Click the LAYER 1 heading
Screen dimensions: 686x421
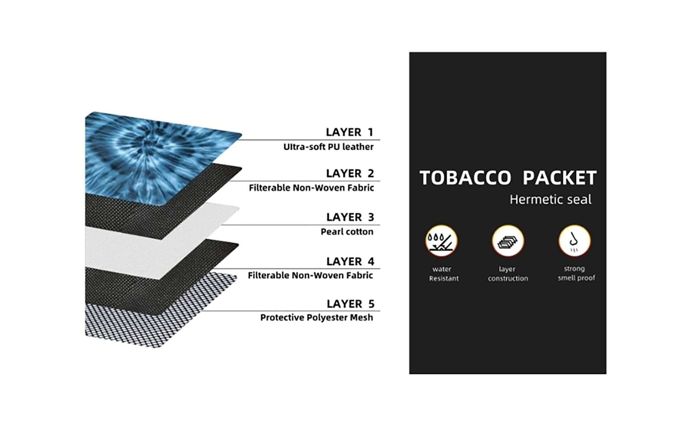[349, 132]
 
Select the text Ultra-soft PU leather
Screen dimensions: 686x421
[328, 147]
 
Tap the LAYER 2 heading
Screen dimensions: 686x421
[350, 173]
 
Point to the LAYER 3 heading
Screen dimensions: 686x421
[350, 217]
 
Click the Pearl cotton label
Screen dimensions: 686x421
[347, 232]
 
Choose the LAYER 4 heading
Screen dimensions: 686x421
[350, 261]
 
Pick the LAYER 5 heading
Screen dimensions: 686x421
[351, 304]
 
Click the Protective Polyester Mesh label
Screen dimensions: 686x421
[317, 317]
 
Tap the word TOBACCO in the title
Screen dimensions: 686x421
[465, 178]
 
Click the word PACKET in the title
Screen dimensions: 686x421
[560, 178]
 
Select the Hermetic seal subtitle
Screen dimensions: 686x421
[551, 200]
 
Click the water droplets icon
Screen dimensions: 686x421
[441, 241]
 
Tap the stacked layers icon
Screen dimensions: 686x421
[508, 241]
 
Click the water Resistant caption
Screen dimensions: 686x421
[443, 274]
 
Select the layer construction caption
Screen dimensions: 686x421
[508, 274]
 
